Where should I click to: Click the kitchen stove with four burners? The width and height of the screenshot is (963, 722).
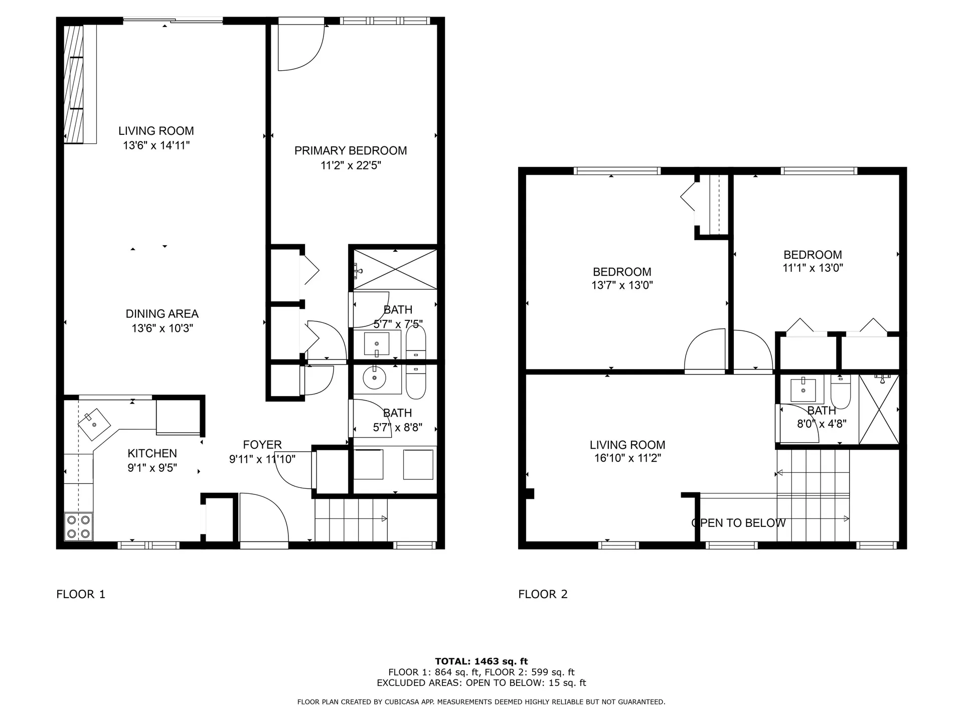79,526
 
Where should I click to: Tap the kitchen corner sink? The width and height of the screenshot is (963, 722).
94,424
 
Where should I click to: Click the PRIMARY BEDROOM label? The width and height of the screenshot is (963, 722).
350,150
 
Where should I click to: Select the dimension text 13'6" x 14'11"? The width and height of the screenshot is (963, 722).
156,145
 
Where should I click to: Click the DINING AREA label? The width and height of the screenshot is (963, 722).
162,314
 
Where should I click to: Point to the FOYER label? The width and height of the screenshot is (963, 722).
262,445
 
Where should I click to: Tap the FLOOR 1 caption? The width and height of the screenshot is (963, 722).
81,594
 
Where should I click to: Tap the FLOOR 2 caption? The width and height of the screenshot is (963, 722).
543,594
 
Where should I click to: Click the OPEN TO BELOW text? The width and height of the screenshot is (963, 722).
738,523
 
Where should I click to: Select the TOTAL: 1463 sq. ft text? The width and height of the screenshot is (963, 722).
481,661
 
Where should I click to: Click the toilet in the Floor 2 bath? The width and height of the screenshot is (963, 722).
840,391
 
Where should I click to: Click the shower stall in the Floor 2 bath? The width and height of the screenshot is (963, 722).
879,410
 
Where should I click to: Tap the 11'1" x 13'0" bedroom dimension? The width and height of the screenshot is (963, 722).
813,268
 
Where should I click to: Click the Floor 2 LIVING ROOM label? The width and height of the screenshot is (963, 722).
627,445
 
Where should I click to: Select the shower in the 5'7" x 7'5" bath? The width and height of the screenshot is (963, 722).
395,270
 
